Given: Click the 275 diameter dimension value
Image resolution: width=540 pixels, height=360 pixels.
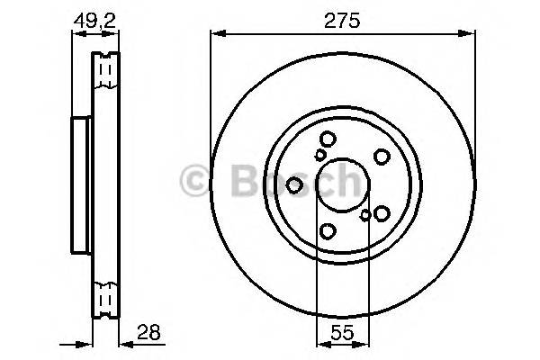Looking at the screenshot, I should tap(343, 21).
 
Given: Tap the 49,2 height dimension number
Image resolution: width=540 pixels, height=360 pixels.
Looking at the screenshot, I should tap(94, 20).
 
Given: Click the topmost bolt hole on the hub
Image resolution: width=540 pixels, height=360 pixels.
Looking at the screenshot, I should tap(327, 139).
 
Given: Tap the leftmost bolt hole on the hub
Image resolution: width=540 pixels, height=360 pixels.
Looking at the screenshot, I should tap(294, 185).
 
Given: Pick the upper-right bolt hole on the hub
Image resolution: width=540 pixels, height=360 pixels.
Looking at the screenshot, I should tap(382, 157).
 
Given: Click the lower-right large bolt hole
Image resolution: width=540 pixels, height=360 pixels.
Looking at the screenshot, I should tap(382, 213).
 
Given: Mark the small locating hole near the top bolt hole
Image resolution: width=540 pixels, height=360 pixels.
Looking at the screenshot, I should tap(319, 156).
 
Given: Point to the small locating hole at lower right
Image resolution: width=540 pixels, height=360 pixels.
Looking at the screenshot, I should tap(364, 215).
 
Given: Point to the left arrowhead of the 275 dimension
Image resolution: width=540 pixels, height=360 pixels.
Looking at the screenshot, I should tap(216, 35).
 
